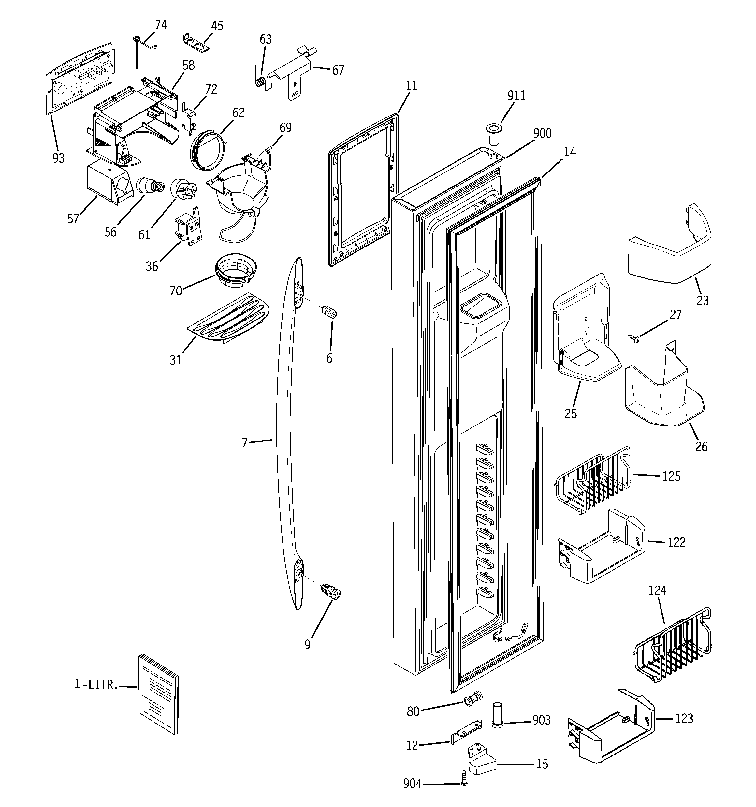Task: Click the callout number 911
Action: (x=516, y=96)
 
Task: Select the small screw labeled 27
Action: (x=632, y=337)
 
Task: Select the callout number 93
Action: (x=58, y=158)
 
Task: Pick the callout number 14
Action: (x=570, y=152)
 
